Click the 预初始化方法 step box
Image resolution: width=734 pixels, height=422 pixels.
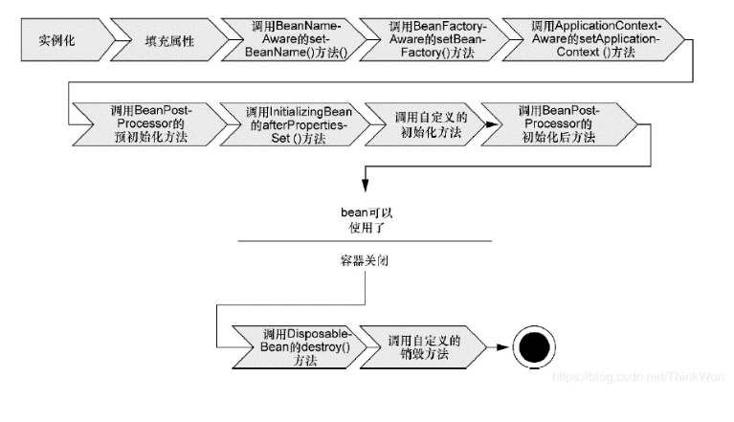click(147, 124)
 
